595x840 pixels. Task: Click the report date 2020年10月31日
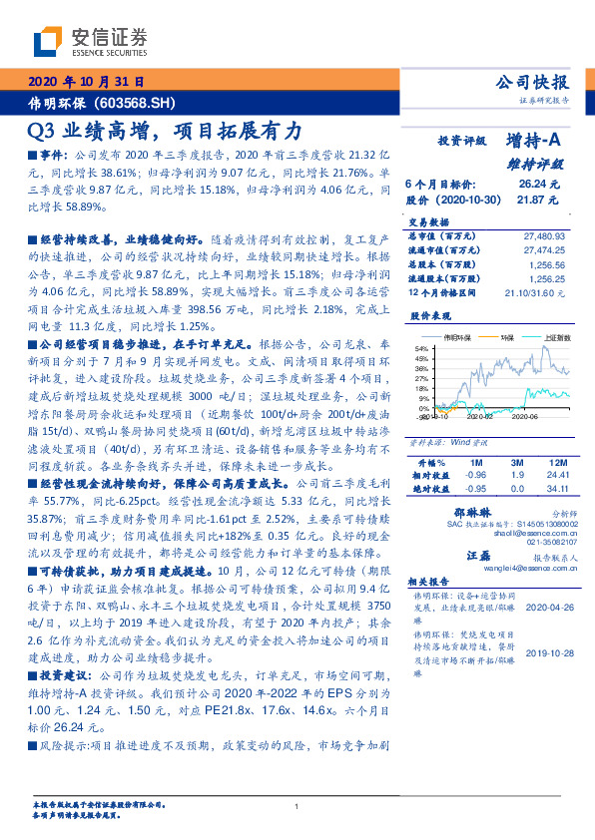tap(87, 81)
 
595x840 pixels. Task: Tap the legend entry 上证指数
tap(556, 338)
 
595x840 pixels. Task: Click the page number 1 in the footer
tap(297, 806)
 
